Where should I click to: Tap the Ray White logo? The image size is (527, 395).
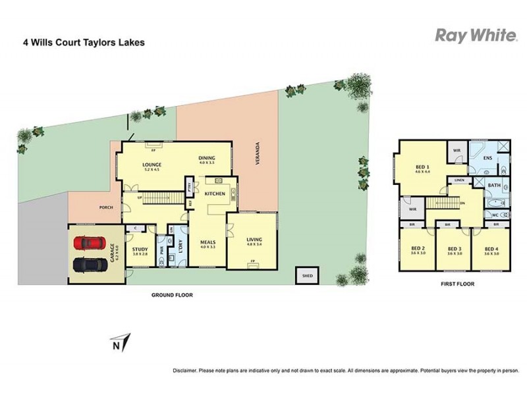(476, 36)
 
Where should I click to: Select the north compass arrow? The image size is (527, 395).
(120, 343)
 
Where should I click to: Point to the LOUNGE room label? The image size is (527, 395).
(152, 165)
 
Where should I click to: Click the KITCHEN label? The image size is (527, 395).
(215, 194)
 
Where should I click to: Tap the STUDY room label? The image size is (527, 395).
(139, 250)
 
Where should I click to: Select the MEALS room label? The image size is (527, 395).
(208, 242)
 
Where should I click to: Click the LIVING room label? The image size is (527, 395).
(254, 239)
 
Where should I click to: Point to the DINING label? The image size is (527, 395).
(208, 158)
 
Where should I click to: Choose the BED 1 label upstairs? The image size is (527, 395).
(422, 168)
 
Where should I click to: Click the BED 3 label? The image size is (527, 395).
(453, 249)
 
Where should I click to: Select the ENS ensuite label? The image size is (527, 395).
(488, 159)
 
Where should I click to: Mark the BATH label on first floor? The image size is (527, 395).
(494, 186)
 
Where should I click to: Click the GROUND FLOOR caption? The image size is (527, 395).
(172, 296)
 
